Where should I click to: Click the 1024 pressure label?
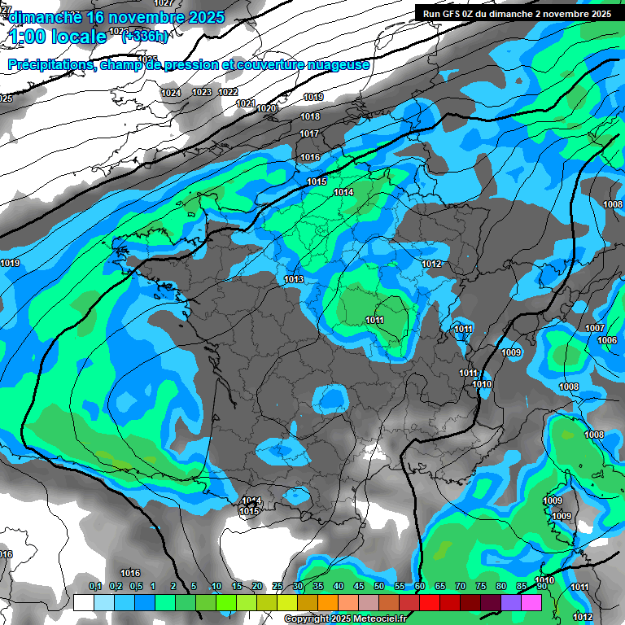[171, 94]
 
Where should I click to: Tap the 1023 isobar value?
[202, 93]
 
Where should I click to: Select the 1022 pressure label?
[228, 93]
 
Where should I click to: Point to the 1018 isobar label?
[310, 117]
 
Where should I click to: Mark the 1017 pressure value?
[309, 134]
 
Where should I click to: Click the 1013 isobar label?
[294, 280]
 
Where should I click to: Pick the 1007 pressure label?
[595, 329]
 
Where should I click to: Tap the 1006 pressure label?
[606, 341]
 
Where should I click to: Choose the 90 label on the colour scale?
[540, 587]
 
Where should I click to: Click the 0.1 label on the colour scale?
[95, 587]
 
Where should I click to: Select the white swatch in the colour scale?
[83, 602]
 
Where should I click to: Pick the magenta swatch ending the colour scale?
[531, 602]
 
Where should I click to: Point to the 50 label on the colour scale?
[379, 587]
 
